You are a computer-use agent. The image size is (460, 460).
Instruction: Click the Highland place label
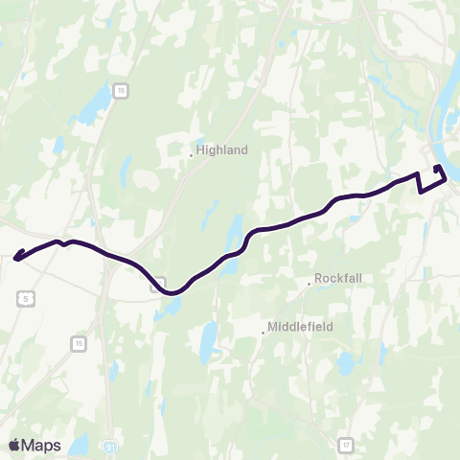pos(222,149)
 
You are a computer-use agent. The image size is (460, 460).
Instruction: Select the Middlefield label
pos(300,327)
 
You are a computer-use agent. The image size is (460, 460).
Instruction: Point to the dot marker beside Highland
pos(192,153)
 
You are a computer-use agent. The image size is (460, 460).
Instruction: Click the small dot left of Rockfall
pos(309,283)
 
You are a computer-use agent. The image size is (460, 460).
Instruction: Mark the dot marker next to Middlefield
pos(263,333)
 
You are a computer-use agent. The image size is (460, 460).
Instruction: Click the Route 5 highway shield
pos(25,299)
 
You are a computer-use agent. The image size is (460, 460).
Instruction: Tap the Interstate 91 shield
pos(113,447)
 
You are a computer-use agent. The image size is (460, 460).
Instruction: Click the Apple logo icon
pos(14,445)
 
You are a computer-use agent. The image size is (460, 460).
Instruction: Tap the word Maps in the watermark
pos(42,445)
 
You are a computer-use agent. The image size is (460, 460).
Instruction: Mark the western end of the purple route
pos(15,257)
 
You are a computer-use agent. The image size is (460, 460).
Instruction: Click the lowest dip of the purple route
pos(172,293)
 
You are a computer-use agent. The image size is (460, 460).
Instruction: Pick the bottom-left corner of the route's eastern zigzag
pos(421,192)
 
